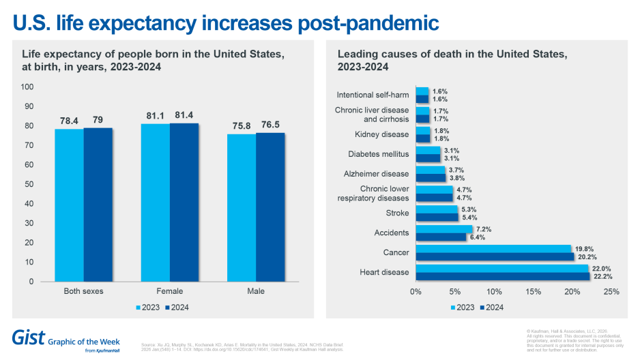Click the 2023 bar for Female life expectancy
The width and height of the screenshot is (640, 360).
(155, 202)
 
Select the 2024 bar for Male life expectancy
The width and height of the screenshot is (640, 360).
(270, 207)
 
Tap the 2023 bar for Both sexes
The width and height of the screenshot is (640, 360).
(69, 205)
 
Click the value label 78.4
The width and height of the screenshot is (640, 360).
(69, 121)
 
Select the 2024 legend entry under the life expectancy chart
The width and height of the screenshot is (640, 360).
(178, 307)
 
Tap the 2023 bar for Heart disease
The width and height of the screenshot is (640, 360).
(501, 269)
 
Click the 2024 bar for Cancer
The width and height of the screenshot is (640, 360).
(495, 257)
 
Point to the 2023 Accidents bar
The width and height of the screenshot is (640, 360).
(443, 229)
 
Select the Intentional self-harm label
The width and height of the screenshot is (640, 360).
(373, 95)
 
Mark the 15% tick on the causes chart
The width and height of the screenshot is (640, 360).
(534, 292)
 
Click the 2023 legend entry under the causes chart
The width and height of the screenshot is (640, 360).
(463, 307)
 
